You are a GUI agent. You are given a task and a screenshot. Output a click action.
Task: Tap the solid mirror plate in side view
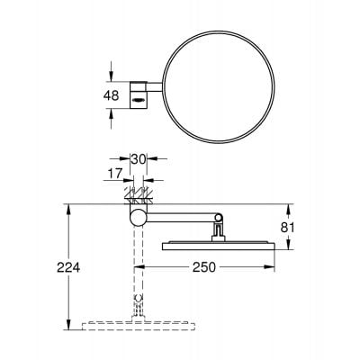pos(216,244)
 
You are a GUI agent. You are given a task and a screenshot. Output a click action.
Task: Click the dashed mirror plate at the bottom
pos(136,322)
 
